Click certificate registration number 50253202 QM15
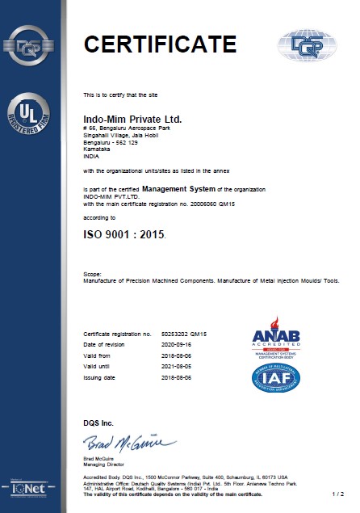pyautogui.click(x=184, y=333)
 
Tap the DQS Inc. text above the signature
pyautogui.click(x=98, y=423)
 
